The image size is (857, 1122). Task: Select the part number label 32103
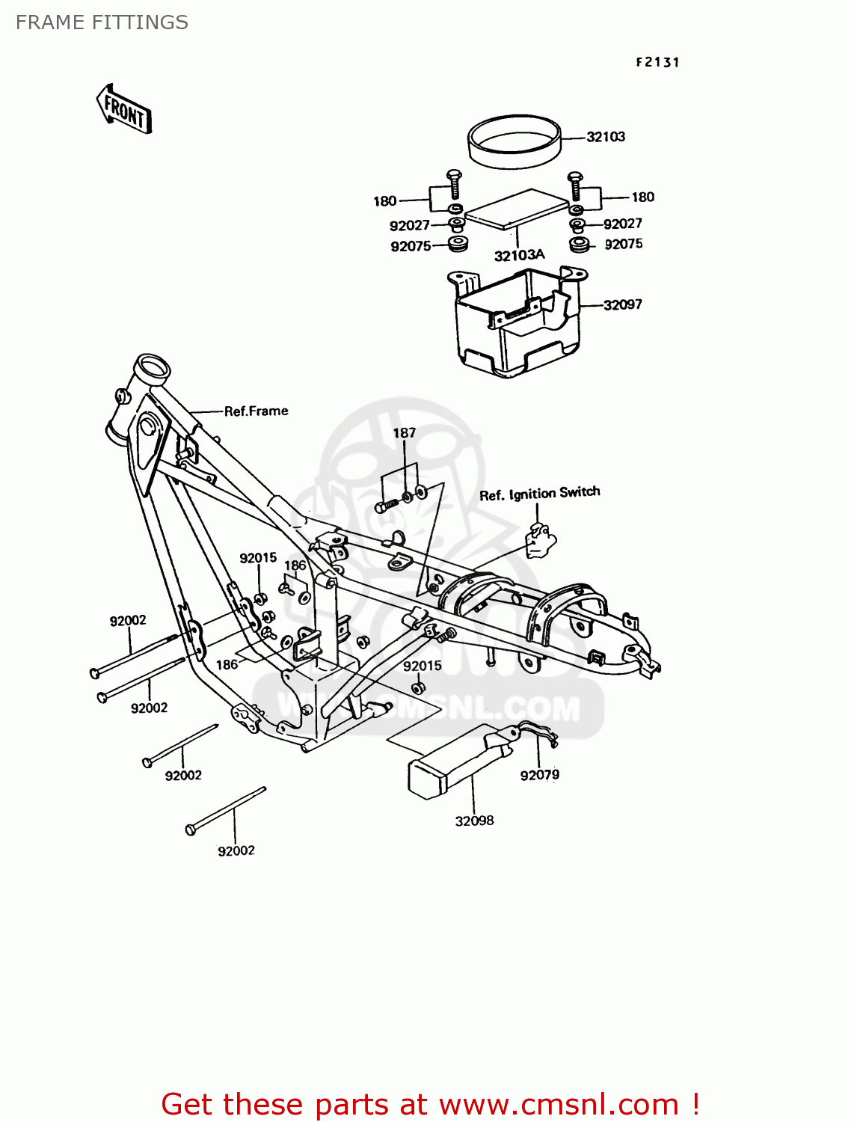coord(605,137)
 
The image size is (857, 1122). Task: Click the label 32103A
coord(519,255)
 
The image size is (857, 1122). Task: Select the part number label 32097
coord(622,304)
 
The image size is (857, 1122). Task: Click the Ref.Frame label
coord(256,411)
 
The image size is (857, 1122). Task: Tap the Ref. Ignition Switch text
coord(539,494)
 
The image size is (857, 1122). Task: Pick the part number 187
coord(404,433)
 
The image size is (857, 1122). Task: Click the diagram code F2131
coord(657,63)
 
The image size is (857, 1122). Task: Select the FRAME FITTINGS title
coord(102,22)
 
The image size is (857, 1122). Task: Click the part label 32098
coord(474,821)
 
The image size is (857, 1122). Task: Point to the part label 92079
coord(539,775)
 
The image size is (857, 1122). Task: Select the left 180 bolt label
coord(384,201)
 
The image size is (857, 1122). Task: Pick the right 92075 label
coord(623,245)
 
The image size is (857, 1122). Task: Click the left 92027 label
coord(409,226)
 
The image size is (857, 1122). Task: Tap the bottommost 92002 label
coord(236,850)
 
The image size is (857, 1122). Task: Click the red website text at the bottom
coord(430,1104)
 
